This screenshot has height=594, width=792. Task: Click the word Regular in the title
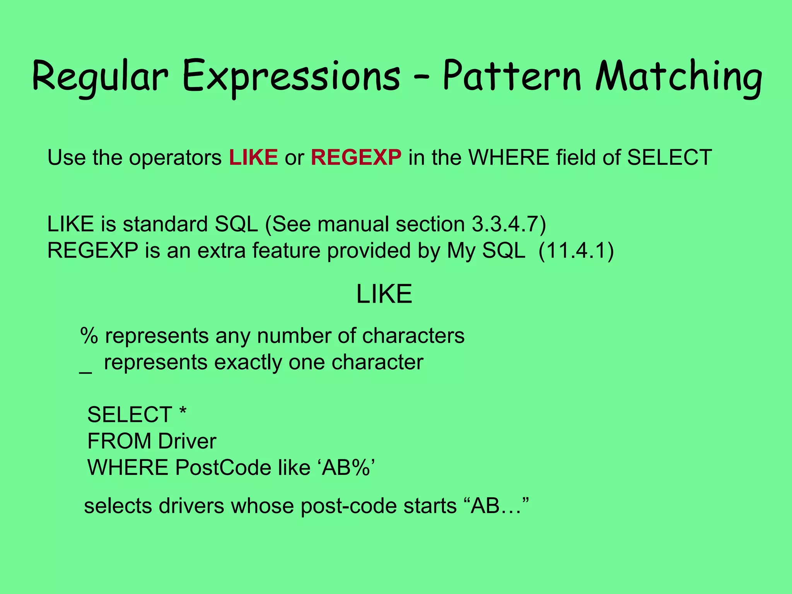coord(100,77)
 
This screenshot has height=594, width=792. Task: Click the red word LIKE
coord(253,157)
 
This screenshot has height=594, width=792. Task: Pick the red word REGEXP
coord(356,157)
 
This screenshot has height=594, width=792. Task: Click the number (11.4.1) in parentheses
coord(576,251)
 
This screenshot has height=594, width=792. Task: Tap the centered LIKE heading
coord(384,294)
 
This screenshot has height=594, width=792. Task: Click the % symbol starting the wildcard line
coord(89,335)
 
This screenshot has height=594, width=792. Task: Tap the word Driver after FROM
coord(187,441)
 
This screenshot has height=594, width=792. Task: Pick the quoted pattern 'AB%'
coord(347,468)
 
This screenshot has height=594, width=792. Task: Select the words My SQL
coord(486,251)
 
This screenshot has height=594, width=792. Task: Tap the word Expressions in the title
coord(291,77)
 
